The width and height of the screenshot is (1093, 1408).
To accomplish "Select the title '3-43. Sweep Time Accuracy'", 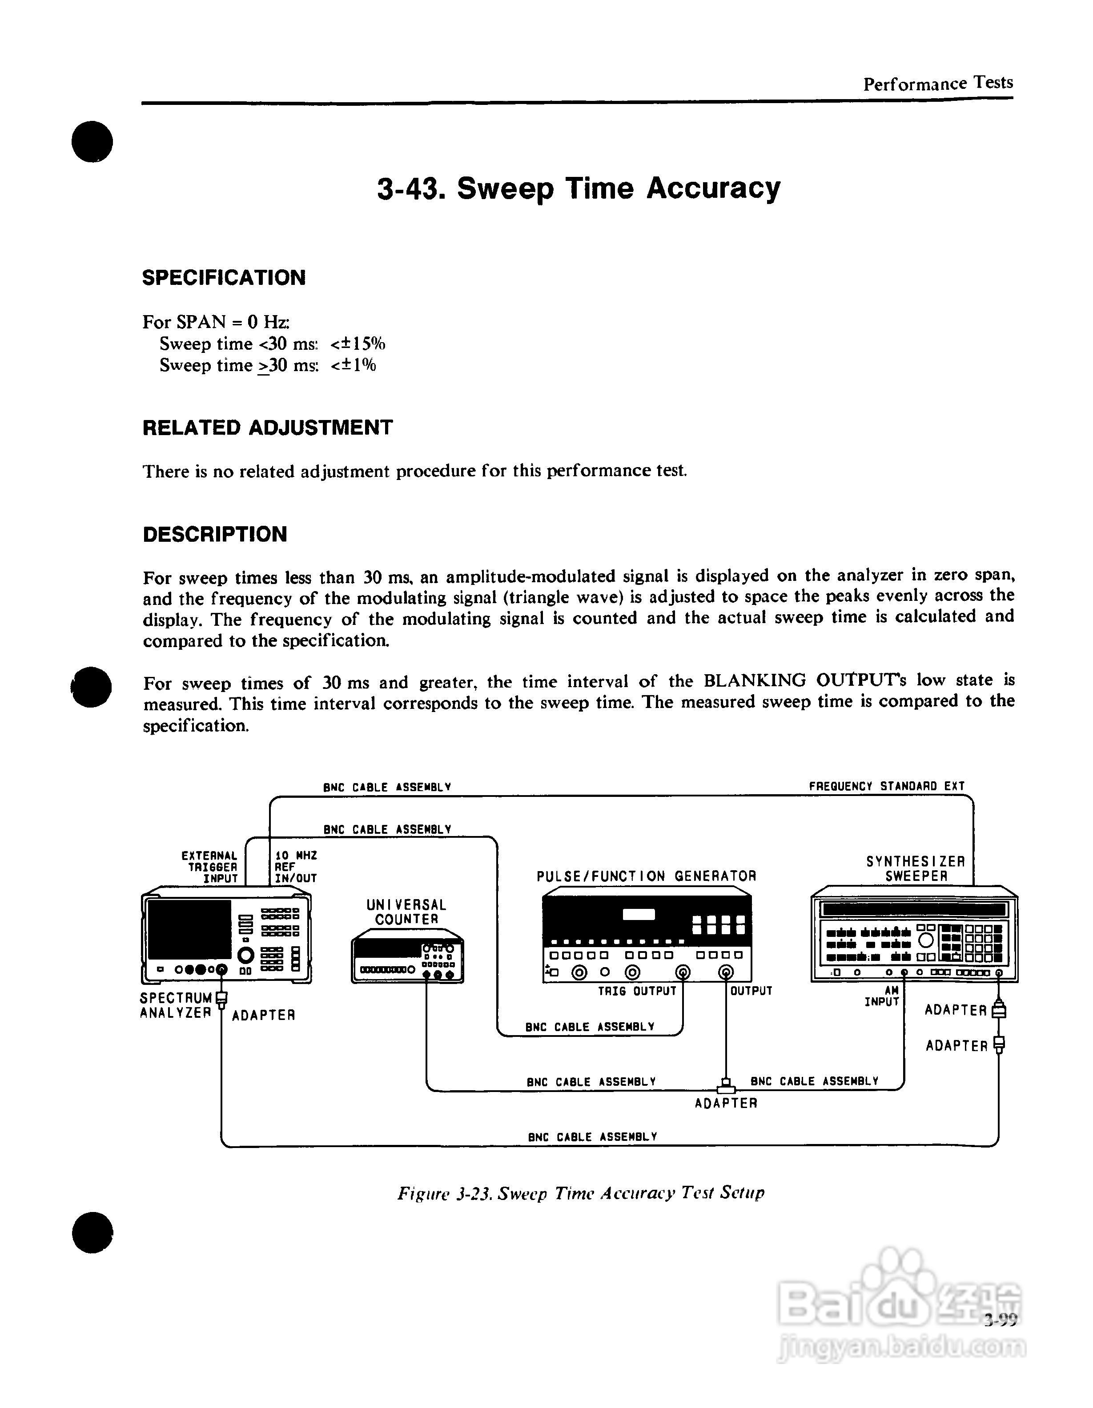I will click(x=579, y=188).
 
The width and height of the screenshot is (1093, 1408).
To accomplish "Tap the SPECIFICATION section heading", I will click(x=224, y=278).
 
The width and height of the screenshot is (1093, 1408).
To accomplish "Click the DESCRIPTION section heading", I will click(x=215, y=535).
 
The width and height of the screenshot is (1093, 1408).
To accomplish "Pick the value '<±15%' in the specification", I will click(x=358, y=344).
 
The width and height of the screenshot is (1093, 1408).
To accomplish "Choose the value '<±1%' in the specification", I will click(x=354, y=365).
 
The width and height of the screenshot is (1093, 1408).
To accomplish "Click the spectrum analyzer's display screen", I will click(x=189, y=929).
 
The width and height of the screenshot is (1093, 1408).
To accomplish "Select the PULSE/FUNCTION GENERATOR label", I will click(x=646, y=876).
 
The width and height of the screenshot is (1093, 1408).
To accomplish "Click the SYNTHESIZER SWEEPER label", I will click(x=915, y=868).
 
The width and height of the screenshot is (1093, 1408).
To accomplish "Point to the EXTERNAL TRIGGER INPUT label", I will click(x=210, y=867).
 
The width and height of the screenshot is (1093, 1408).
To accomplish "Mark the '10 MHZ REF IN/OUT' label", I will click(x=295, y=867).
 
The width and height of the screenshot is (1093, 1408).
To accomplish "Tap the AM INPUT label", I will click(x=882, y=997).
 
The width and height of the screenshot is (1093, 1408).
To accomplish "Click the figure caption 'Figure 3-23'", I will click(x=580, y=1193).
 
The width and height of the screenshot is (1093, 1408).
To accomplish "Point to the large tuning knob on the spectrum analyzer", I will click(x=246, y=955).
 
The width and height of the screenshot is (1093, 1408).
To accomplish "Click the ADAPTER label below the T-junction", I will click(x=725, y=1103).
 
